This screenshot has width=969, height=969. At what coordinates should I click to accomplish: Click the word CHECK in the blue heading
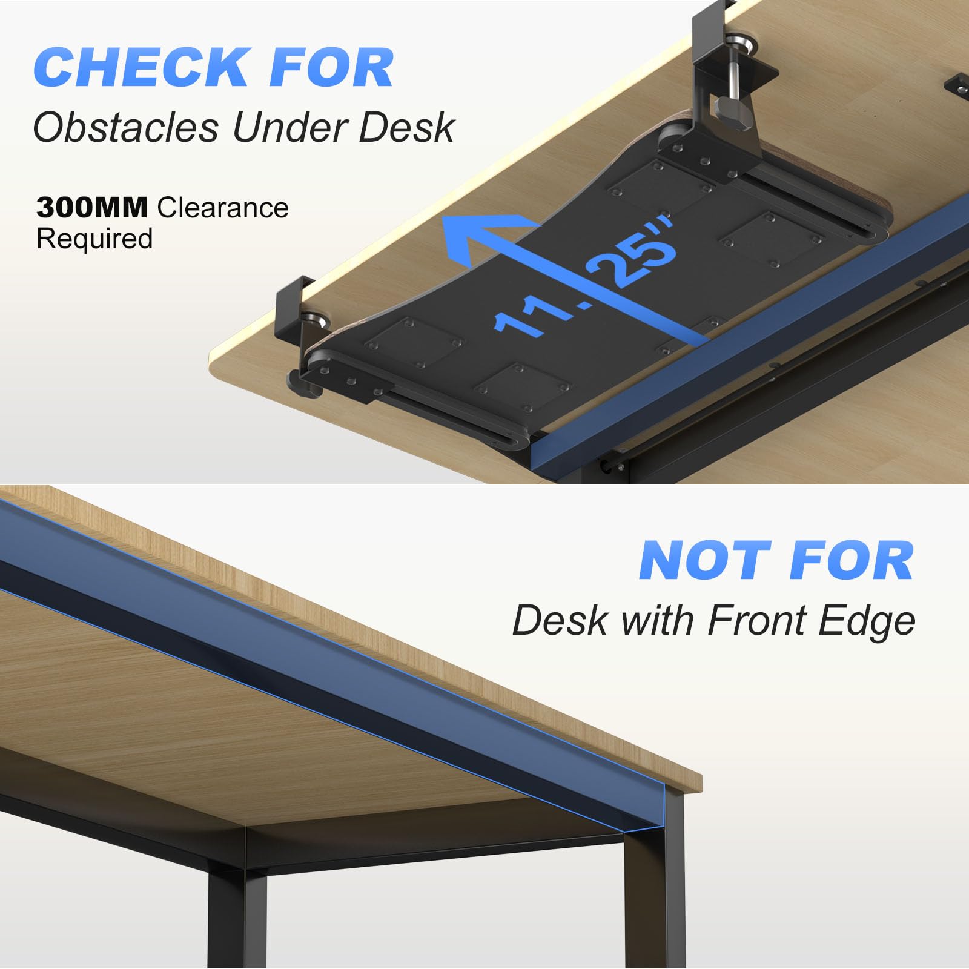coord(141,67)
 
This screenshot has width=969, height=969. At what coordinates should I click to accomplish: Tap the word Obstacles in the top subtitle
coord(125,128)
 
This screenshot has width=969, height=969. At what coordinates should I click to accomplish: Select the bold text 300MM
coord(92,208)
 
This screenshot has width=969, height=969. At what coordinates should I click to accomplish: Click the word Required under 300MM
coord(94,239)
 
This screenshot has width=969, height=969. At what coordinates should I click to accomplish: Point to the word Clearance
coord(223,208)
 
